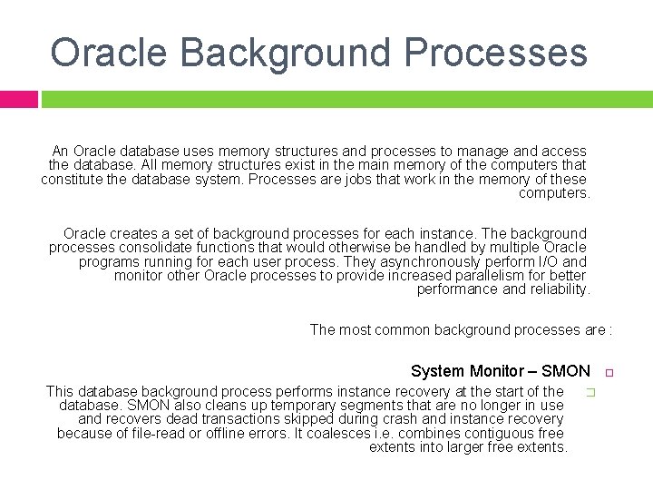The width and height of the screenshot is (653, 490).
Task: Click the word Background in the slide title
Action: click(x=302, y=53)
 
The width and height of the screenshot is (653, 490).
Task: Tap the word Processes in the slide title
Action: click(x=496, y=53)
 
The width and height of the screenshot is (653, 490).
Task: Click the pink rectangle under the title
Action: click(x=18, y=99)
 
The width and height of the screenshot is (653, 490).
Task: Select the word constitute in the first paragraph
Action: click(x=73, y=179)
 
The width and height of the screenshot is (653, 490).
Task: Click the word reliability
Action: click(x=559, y=289)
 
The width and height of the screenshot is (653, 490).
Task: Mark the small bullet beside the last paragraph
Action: click(x=589, y=392)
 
